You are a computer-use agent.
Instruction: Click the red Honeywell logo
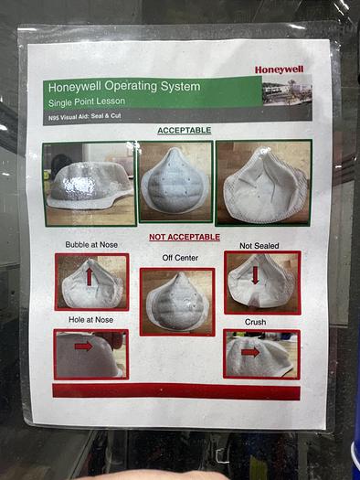[280, 69]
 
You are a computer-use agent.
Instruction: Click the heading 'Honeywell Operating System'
[124, 86]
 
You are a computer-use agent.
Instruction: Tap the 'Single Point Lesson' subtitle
[87, 101]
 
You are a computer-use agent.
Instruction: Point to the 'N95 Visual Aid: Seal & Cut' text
[85, 116]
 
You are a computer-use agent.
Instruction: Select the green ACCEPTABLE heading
[185, 131]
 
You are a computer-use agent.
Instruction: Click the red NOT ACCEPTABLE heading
[185, 237]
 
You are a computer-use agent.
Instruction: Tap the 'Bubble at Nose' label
[91, 245]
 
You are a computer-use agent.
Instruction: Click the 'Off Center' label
[180, 258]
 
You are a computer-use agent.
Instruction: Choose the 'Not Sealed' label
[259, 246]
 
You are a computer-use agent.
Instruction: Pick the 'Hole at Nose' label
[90, 320]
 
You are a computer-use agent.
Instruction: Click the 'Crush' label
[256, 322]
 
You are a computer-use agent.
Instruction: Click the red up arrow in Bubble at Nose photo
[89, 276]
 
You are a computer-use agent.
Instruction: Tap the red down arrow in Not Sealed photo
[256, 274]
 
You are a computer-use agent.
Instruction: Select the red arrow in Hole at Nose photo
[83, 347]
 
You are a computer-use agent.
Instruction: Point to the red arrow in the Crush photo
[250, 352]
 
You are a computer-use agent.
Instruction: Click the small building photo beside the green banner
[287, 91]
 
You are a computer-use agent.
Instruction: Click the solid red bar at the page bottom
[176, 391]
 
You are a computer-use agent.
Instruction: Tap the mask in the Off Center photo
[177, 302]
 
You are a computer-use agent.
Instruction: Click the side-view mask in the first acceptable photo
[90, 186]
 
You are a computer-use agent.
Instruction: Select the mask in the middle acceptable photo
[175, 181]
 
